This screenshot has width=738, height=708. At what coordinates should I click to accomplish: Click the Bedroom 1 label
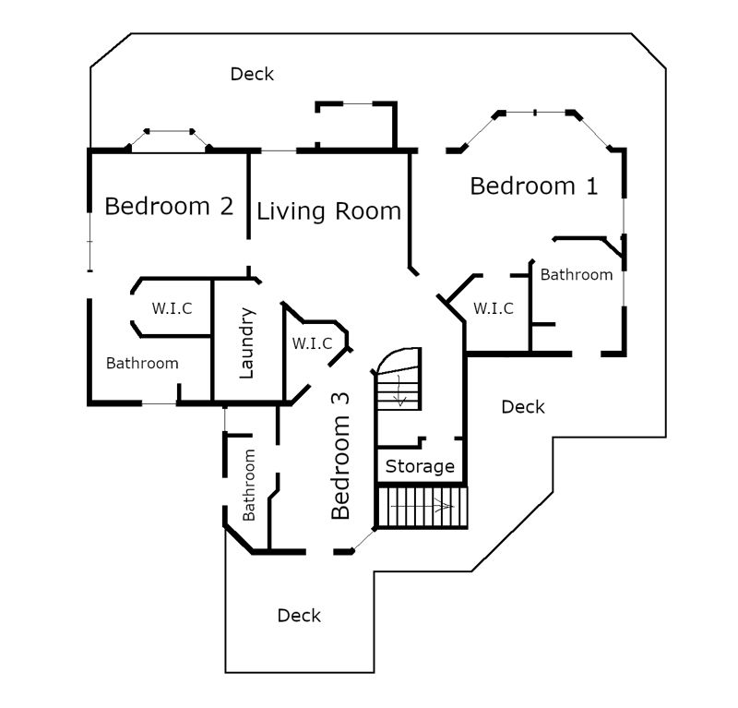[x=534, y=186]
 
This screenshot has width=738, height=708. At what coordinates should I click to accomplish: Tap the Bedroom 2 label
[x=169, y=207]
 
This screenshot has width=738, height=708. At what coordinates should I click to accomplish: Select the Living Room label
[x=329, y=211]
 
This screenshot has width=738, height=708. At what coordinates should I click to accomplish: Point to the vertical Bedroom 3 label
[x=340, y=456]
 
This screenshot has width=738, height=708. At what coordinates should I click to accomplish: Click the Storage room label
[x=420, y=466]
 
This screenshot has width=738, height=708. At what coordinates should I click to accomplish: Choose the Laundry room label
[x=246, y=343]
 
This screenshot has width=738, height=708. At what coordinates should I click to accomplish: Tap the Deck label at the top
[x=252, y=74]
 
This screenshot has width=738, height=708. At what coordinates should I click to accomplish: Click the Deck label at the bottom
[x=299, y=616]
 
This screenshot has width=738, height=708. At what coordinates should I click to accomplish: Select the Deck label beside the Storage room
[x=523, y=407]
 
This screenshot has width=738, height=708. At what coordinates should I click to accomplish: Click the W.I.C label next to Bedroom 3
[x=312, y=343]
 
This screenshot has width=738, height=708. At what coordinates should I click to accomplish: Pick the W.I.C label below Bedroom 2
[x=172, y=308]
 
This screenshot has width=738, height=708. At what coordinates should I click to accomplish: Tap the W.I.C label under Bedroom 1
[x=494, y=308]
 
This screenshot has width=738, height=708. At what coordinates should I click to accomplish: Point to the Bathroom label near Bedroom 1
[x=577, y=275]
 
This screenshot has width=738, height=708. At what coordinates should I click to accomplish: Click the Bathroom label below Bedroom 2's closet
[x=142, y=363]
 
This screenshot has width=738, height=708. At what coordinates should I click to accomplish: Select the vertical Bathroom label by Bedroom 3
[x=248, y=485]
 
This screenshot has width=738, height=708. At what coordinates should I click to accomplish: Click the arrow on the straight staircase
[x=423, y=507]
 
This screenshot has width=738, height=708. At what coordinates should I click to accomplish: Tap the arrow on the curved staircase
[x=400, y=390]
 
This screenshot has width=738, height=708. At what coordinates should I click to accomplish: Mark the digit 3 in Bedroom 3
[x=340, y=399]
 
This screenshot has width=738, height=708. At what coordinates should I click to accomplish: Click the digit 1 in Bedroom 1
[x=592, y=186]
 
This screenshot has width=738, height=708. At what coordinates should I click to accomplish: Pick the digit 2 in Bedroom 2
[x=227, y=207]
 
